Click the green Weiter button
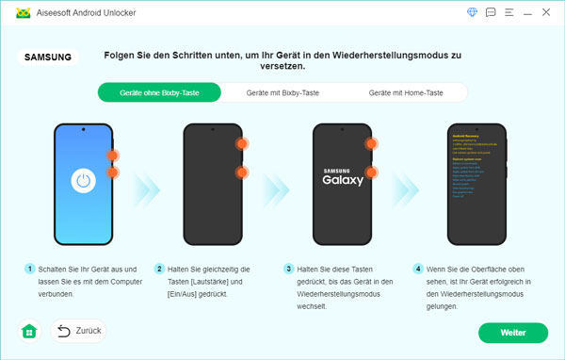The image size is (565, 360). point(512,333)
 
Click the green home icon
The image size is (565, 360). point(29,332)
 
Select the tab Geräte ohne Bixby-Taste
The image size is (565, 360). point(158,92)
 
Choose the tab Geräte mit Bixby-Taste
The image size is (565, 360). point(282,92)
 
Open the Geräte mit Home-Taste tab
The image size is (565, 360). point(406,92)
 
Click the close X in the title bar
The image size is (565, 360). point(548,12)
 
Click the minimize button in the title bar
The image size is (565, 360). point(529,12)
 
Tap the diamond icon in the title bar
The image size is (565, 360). point(472,12)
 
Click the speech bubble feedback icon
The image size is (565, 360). point(491,12)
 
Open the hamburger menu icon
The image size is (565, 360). point(509,12)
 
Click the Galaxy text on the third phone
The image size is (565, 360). point(342,180)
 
